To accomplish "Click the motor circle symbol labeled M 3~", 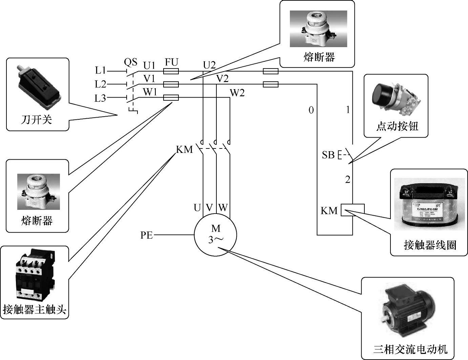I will pos(216,234).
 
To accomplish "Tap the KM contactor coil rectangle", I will pos(353,210).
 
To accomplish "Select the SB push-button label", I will pos(328,155).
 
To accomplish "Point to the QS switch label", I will pos(131,62).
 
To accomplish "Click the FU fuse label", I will pos(171,62).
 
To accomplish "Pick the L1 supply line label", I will pos(101,71).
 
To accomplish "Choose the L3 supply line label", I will pos(100,98).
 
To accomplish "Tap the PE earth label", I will pos(147,235).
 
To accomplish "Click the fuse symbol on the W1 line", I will pos(171,98).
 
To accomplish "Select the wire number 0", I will pos(311,110).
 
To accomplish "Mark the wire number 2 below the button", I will pos(347,179).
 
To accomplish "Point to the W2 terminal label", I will pos(237,93).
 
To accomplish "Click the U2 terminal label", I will pos(209,65).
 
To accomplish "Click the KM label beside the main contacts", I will pos(184,149).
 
